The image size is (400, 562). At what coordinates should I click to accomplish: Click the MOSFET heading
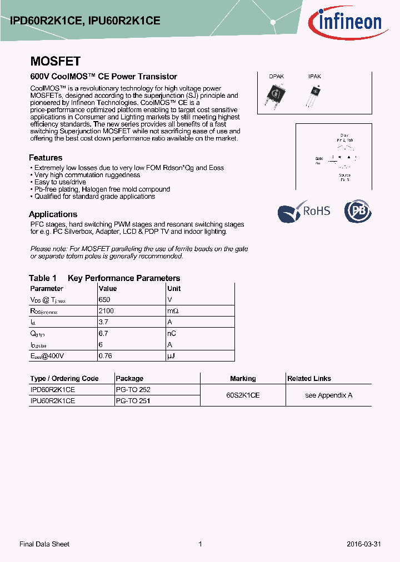55,62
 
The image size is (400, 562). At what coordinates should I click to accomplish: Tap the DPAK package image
276,96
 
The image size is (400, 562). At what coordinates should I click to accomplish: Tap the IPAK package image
314,96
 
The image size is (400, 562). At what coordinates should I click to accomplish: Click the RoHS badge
304,211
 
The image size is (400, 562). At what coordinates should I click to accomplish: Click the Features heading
46,158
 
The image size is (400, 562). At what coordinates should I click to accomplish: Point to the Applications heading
53,214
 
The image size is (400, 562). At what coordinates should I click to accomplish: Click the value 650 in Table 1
105,300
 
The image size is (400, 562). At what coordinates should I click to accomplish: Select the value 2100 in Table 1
106,311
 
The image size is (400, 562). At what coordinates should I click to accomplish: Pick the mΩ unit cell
173,311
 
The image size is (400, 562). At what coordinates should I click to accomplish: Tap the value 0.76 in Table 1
105,355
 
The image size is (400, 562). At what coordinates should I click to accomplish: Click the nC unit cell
172,333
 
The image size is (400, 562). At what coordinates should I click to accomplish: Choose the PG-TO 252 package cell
133,390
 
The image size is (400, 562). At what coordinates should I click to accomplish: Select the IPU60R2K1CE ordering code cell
52,400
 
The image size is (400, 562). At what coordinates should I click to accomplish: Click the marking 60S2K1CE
243,395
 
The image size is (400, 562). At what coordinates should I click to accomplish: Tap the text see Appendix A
329,395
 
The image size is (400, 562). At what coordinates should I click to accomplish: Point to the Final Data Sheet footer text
44,544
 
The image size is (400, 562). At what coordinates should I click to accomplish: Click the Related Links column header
309,379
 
